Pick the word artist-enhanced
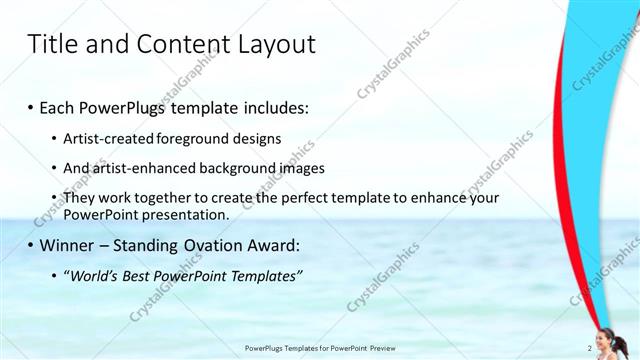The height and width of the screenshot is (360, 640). coord(136,169)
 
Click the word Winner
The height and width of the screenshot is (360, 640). coord(67,246)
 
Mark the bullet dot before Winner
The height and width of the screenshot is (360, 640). coord(30,246)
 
